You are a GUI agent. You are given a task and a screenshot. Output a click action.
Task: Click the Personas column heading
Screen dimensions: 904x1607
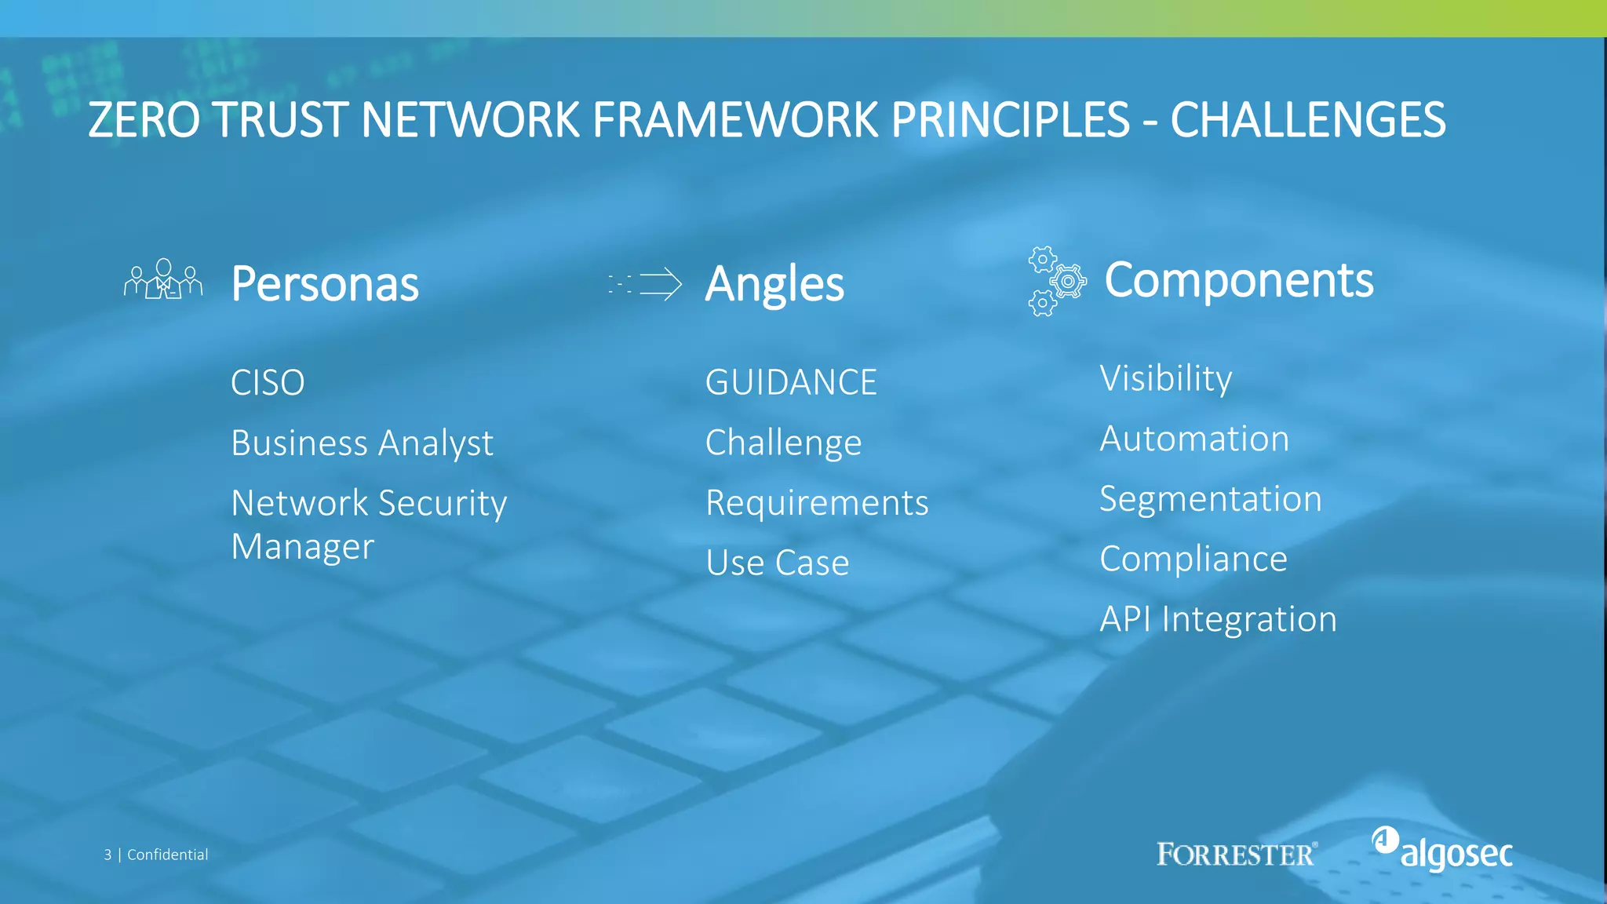(x=325, y=283)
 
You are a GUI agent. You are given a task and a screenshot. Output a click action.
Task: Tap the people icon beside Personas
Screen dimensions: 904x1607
(x=163, y=279)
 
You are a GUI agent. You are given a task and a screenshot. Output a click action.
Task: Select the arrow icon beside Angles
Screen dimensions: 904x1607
(x=646, y=284)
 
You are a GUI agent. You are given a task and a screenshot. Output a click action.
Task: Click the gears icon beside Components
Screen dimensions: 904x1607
(x=1056, y=281)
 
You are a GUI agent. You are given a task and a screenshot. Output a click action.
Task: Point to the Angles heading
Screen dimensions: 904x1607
(x=774, y=283)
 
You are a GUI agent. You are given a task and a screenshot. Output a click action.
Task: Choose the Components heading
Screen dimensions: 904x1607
(x=1238, y=279)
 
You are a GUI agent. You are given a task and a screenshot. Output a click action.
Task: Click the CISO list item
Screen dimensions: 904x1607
(x=268, y=383)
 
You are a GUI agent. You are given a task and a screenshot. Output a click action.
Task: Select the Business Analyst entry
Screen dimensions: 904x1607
(x=362, y=443)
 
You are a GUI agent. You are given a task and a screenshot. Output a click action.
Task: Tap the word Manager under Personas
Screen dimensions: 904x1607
(x=303, y=546)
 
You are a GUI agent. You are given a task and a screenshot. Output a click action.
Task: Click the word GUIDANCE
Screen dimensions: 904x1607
(x=791, y=383)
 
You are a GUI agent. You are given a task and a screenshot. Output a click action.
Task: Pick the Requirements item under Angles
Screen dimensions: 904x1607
(x=817, y=503)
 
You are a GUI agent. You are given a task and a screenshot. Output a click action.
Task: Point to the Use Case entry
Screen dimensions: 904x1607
(x=777, y=563)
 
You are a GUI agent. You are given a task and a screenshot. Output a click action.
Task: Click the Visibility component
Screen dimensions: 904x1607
(x=1165, y=379)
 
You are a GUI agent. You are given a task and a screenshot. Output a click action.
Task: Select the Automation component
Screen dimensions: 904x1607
(x=1194, y=439)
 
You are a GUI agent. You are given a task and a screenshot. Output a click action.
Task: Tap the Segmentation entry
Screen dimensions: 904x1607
(x=1211, y=499)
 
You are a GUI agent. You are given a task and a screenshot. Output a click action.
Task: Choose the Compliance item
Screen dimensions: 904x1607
(x=1193, y=559)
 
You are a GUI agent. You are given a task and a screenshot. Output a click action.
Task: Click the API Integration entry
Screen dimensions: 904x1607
(x=1218, y=619)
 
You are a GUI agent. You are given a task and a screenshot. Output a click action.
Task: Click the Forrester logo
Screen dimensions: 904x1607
(x=1237, y=854)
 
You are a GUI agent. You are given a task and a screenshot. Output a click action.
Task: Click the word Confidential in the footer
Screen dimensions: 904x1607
(x=167, y=855)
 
